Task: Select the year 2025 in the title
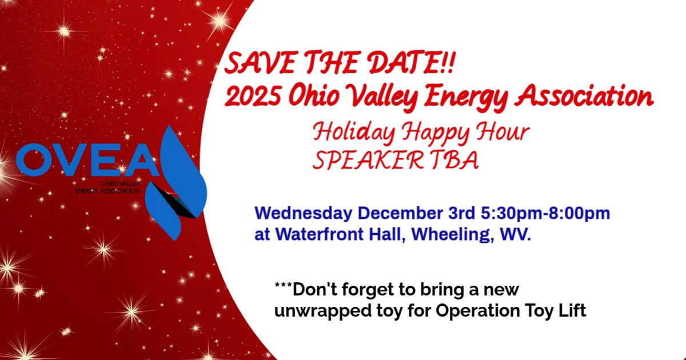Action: point(253,95)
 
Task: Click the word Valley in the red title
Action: point(382,97)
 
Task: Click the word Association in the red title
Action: point(584,95)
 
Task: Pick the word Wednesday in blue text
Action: point(304,213)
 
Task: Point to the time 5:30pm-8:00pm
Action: point(545,213)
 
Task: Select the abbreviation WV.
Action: point(515,234)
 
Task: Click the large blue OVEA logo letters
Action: point(87,160)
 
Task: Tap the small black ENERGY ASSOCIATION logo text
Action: point(108,191)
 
